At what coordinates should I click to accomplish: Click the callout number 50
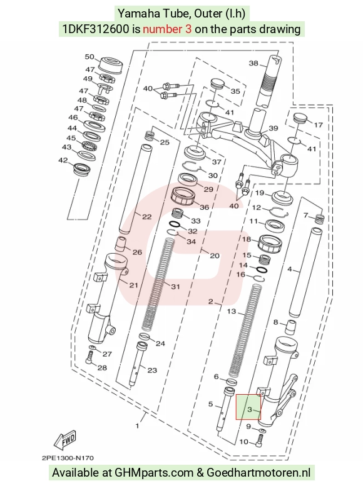(x=89, y=57)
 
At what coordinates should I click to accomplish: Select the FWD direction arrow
(x=64, y=440)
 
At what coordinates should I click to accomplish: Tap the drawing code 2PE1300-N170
(x=68, y=458)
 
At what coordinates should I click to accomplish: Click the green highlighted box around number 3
(x=248, y=407)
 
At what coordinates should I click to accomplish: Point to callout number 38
(x=253, y=63)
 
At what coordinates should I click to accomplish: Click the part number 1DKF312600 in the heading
(x=96, y=29)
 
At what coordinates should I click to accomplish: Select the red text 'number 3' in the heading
(x=167, y=29)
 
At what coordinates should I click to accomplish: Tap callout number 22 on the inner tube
(x=146, y=217)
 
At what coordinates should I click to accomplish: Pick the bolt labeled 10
(x=260, y=440)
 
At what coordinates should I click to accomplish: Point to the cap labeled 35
(x=217, y=84)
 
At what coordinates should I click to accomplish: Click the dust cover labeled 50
(x=110, y=65)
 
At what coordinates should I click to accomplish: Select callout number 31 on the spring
(x=175, y=286)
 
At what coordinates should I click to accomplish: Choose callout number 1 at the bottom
(x=138, y=426)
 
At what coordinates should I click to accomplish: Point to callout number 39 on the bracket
(x=274, y=128)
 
